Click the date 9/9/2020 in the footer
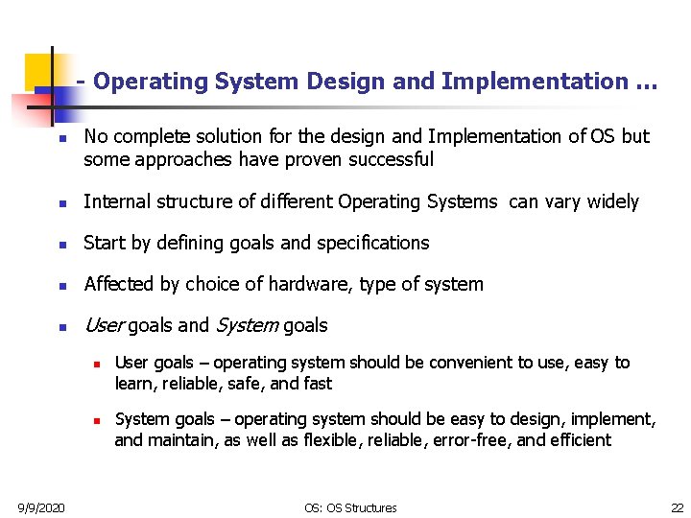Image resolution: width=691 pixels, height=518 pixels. tap(40, 507)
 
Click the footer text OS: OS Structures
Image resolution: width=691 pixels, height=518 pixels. tap(350, 507)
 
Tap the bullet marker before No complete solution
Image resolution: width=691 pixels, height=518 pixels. tap(60, 138)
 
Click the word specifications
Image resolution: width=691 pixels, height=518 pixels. tap(372, 243)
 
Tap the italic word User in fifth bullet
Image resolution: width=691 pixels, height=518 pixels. tap(104, 325)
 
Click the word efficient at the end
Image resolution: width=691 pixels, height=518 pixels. tap(580, 440)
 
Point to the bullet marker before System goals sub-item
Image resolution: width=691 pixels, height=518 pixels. tap(97, 421)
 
